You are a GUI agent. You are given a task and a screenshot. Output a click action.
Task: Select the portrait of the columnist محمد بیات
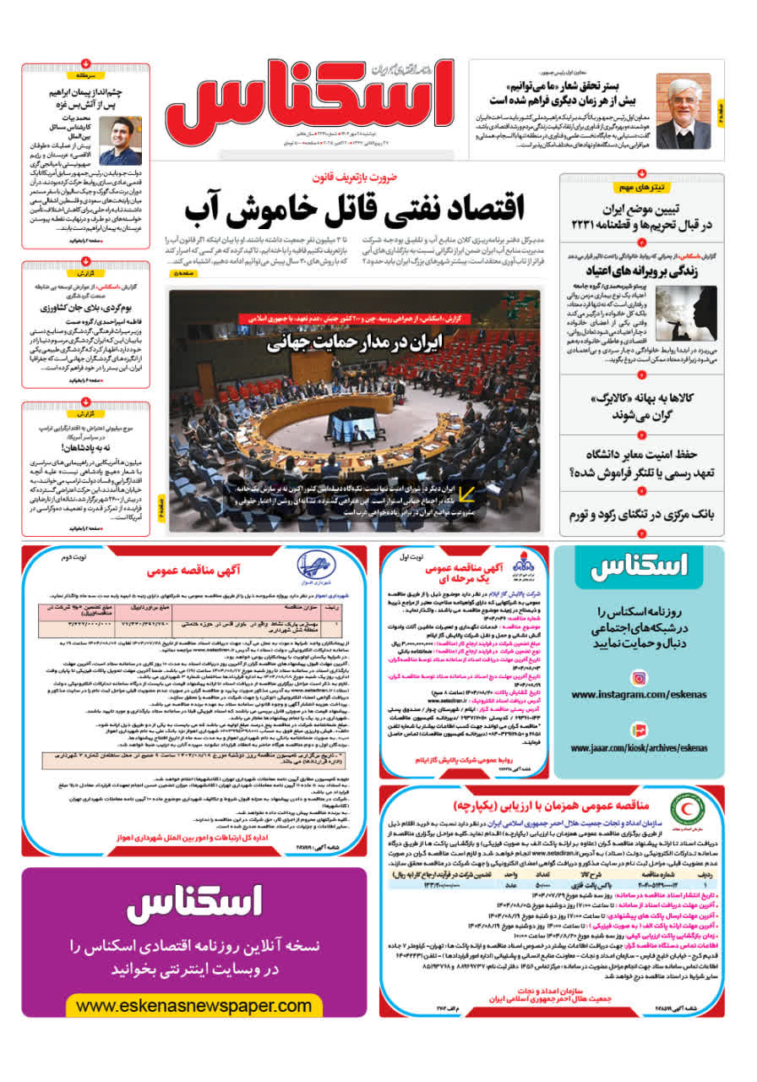[120, 140]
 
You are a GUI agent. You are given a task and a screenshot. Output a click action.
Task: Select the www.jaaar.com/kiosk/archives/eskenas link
[639, 748]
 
